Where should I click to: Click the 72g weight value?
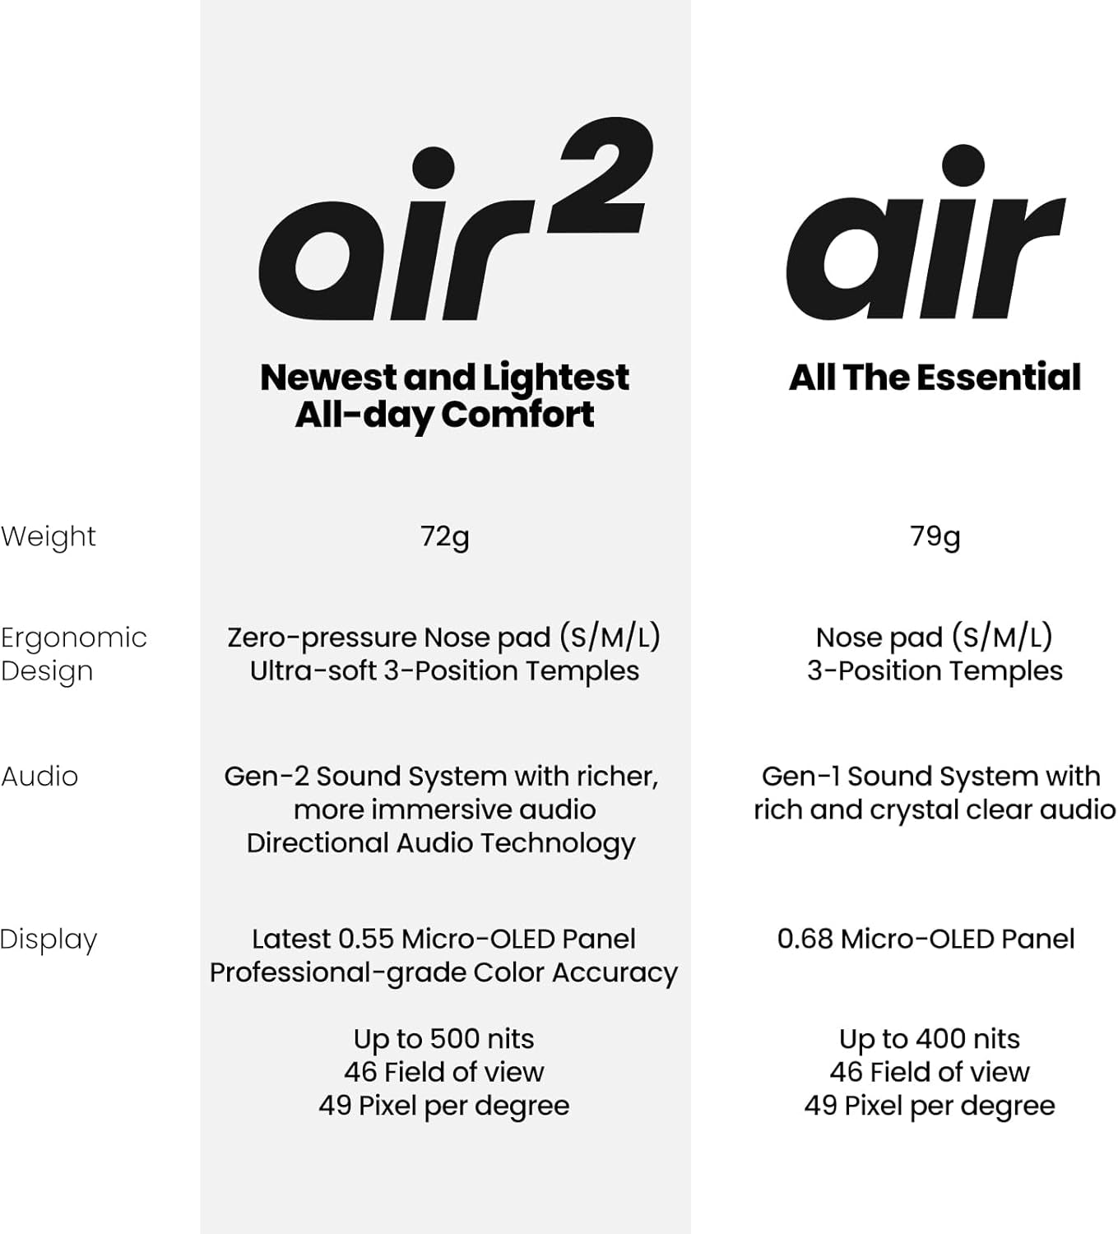[x=444, y=536]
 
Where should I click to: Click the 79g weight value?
[x=935, y=536]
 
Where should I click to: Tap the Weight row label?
[x=48, y=536]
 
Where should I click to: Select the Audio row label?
[x=39, y=776]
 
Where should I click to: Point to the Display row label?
[x=49, y=939]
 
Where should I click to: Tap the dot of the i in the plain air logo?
[x=962, y=165]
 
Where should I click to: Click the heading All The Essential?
[x=935, y=378]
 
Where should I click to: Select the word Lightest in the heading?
[x=555, y=378]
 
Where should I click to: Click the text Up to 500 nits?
[x=443, y=1038]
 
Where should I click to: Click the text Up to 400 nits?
[x=929, y=1038]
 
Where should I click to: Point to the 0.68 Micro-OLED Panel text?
[x=925, y=939]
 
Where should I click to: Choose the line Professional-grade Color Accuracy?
[x=443, y=972]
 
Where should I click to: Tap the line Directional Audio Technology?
[x=441, y=843]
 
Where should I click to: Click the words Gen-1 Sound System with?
[x=930, y=776]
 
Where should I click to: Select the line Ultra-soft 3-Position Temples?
[x=444, y=670]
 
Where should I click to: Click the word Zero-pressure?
[x=322, y=638]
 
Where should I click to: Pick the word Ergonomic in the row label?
[x=73, y=638]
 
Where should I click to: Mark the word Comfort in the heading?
[x=517, y=414]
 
